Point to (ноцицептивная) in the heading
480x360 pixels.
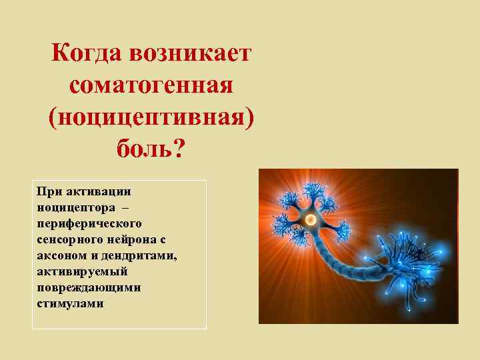coord(151,117)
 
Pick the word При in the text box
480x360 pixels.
coord(49,192)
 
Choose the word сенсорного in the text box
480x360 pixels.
coord(65,239)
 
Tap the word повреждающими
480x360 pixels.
coord(77,287)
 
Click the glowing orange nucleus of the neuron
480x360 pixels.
coord(310,219)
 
